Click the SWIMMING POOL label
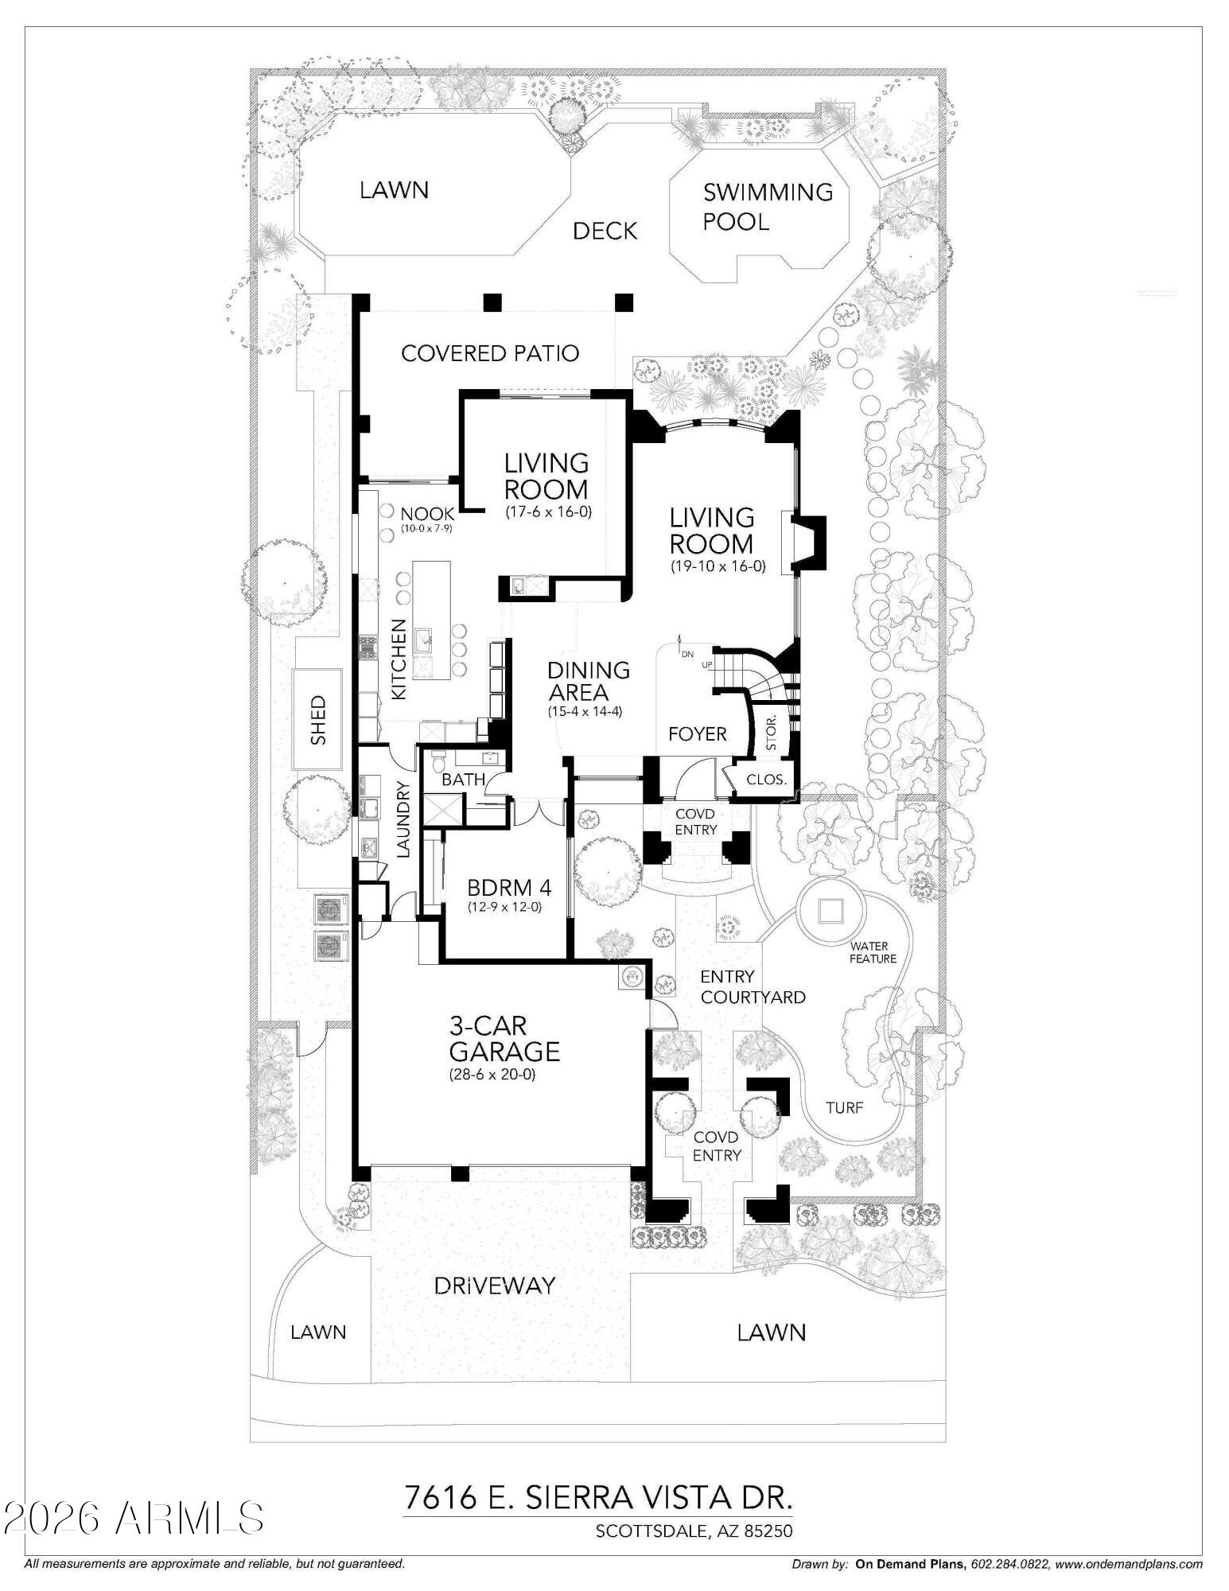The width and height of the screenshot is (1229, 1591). click(x=767, y=207)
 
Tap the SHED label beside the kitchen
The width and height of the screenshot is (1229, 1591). click(x=318, y=720)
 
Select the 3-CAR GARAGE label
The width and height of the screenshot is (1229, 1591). click(x=504, y=1039)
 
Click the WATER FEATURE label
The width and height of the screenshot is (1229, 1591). click(x=873, y=952)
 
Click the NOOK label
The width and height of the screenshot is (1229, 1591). click(x=427, y=515)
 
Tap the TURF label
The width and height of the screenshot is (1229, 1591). click(x=844, y=1107)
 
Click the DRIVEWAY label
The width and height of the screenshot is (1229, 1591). click(x=494, y=1286)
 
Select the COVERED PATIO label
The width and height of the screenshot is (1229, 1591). click(x=490, y=353)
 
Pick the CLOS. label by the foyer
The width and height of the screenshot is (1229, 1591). click(x=766, y=780)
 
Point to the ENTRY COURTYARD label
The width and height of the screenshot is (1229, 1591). click(x=752, y=987)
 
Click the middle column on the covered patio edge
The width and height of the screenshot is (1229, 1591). click(x=494, y=302)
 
